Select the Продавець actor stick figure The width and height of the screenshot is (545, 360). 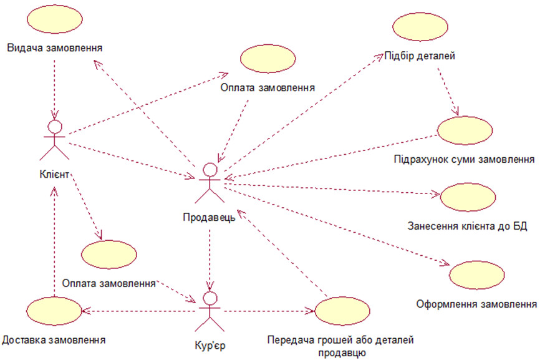pos(210,183)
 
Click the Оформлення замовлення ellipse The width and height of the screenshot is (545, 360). pos(477,275)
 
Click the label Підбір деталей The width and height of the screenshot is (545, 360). pos(422,56)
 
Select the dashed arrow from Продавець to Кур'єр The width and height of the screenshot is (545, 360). pos(210,256)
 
